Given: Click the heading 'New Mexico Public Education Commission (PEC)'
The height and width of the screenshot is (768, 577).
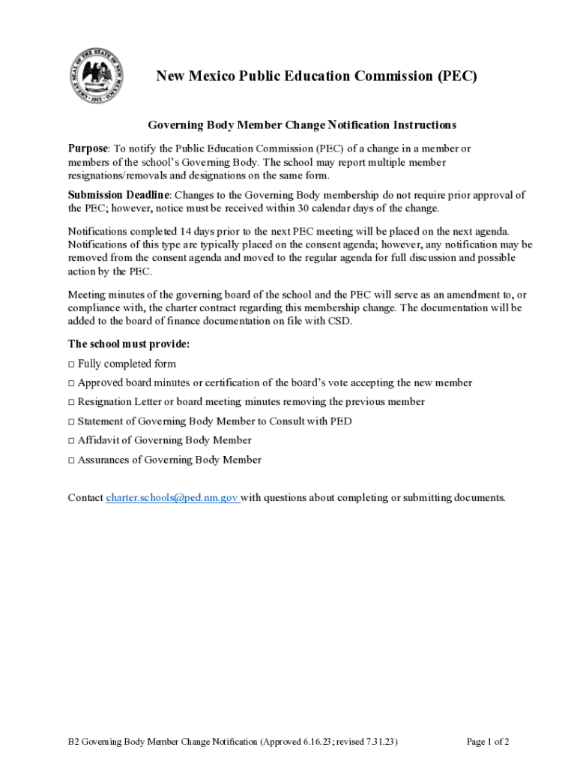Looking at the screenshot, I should pyautogui.click(x=315, y=76).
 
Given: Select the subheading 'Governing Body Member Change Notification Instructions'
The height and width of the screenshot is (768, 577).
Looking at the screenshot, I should pyautogui.click(x=301, y=124).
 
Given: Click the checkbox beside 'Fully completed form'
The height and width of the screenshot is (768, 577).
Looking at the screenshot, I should pyautogui.click(x=71, y=364).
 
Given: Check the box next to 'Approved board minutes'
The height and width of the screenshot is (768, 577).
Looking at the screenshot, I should pyautogui.click(x=71, y=383).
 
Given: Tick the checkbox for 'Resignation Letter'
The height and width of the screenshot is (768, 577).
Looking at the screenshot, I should pyautogui.click(x=71, y=402).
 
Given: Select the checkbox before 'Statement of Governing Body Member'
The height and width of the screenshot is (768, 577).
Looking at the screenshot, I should pyautogui.click(x=71, y=421).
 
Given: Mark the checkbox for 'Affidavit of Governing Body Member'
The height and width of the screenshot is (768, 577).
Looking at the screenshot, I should pyautogui.click(x=71, y=441).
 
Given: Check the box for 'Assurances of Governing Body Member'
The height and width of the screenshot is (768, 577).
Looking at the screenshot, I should pyautogui.click(x=71, y=460).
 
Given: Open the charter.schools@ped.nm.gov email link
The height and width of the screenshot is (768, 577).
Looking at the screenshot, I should pyautogui.click(x=172, y=497).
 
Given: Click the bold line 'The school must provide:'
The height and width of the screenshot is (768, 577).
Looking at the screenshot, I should pyautogui.click(x=129, y=344).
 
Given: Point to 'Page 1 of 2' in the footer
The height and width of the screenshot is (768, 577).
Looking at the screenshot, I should pyautogui.click(x=488, y=742).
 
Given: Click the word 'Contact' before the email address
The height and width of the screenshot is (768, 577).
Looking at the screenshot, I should pyautogui.click(x=85, y=497).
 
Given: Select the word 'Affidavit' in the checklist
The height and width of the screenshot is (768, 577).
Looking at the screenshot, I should pyautogui.click(x=100, y=441).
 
